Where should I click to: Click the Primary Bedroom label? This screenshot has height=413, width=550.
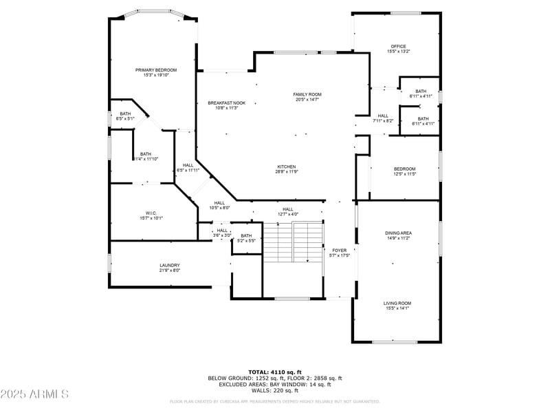point(156,72)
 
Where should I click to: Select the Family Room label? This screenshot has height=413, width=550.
point(307,97)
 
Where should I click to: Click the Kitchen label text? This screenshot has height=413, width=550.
point(287,169)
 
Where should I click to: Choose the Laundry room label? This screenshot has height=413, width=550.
point(170,268)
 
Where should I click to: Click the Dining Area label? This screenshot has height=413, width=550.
point(398,235)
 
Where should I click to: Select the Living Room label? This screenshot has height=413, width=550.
point(398,306)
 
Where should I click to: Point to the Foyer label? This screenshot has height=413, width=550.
point(340,253)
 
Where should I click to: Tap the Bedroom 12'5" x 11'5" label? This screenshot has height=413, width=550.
point(404,171)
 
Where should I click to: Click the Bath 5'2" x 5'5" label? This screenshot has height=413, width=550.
point(246,238)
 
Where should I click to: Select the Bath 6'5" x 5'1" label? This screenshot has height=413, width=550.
point(125,116)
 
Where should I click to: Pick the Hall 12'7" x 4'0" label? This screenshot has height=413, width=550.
point(287,211)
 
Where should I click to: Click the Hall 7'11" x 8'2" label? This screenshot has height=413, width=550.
point(383,118)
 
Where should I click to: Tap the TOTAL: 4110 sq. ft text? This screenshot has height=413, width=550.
point(275,372)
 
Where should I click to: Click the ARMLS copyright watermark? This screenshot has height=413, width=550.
point(34,394)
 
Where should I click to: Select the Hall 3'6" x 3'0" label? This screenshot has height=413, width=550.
point(222,233)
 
